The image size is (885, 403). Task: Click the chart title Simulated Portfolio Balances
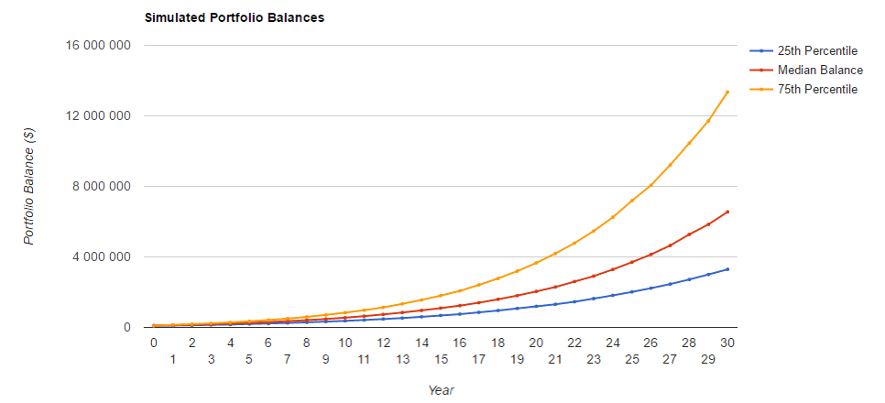pos(234,17)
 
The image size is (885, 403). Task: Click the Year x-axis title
pos(441,390)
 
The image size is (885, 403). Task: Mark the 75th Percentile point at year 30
pos(728,92)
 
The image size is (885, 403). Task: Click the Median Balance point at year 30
pos(728,212)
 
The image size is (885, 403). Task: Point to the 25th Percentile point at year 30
pos(728,268)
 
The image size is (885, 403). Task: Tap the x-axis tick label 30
pos(728,343)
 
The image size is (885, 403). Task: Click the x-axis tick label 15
pos(441,360)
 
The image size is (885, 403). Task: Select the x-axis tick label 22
pos(575,343)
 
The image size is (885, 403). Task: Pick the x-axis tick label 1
pos(172,360)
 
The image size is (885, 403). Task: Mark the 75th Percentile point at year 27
pos(671,164)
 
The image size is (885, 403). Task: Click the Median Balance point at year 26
pos(651,254)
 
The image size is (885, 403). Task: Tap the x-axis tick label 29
pos(709,360)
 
